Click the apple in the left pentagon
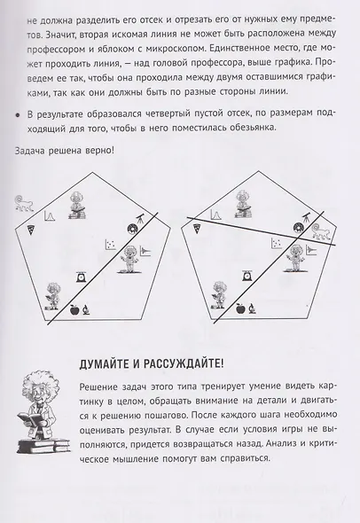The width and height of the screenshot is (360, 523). point(75,310)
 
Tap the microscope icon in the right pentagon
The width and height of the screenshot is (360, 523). point(252,308)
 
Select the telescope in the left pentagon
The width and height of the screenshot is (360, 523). point(141,218)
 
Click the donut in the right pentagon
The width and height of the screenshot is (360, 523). point(298,228)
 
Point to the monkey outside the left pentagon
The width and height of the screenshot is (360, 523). point(24,204)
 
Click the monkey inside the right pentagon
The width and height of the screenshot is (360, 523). point(320,231)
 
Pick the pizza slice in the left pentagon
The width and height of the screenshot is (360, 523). point(31,230)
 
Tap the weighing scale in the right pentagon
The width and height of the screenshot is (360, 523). point(247,277)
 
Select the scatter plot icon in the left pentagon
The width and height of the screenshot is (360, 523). point(111,245)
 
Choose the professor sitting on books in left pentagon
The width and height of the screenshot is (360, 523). point(77,206)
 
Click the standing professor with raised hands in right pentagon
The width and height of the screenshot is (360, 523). point(295,258)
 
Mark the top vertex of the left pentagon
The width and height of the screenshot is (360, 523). point(92,173)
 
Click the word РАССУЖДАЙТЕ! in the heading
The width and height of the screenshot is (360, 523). point(184,363)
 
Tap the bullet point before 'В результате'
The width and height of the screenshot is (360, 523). point(18,114)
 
